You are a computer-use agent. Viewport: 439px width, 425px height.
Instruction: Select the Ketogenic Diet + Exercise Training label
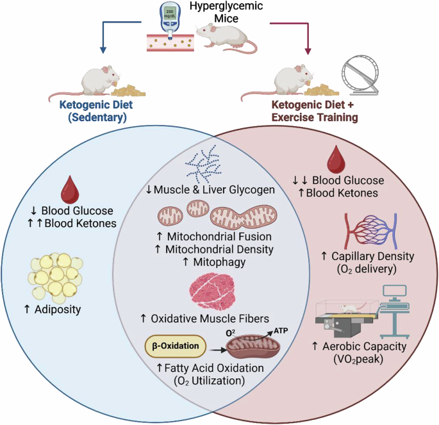(316, 113)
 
